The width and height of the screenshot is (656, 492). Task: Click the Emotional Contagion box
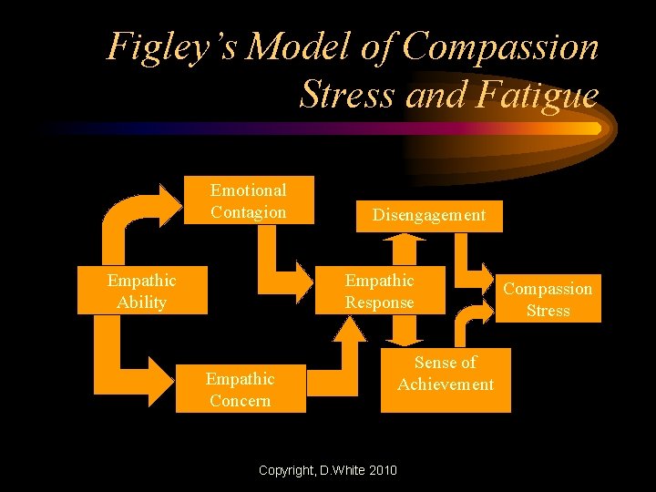click(249, 200)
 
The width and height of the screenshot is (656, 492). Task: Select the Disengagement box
click(428, 216)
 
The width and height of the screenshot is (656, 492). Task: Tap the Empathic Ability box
click(141, 291)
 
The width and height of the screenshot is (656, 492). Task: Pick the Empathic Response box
click(379, 292)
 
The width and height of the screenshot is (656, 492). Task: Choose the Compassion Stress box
click(548, 299)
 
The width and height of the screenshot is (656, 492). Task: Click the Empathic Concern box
click(240, 389)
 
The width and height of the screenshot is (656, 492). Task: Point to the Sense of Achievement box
click(446, 374)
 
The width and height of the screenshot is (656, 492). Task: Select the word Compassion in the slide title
click(501, 47)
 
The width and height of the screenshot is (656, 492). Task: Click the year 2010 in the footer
click(381, 470)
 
